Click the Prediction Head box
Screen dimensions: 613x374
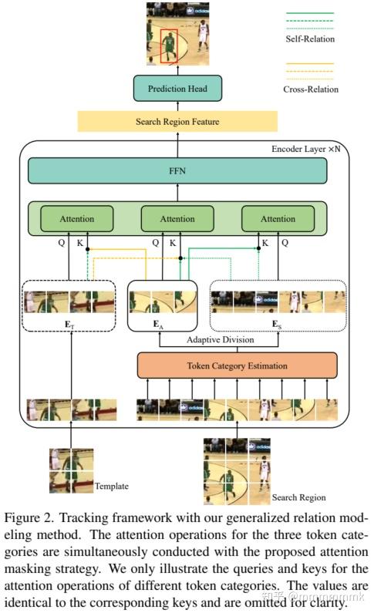pos(178,89)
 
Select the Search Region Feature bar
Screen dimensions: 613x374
pos(177,122)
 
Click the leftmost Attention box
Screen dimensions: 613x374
pos(76,219)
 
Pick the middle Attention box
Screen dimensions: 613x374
pos(177,219)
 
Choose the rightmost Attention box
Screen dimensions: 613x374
pos(278,219)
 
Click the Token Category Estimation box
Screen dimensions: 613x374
pos(238,365)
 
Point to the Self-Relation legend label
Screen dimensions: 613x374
pos(310,39)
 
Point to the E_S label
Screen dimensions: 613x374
pos(276,325)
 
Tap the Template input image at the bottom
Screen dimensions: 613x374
pos(72,470)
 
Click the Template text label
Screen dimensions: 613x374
pos(112,487)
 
